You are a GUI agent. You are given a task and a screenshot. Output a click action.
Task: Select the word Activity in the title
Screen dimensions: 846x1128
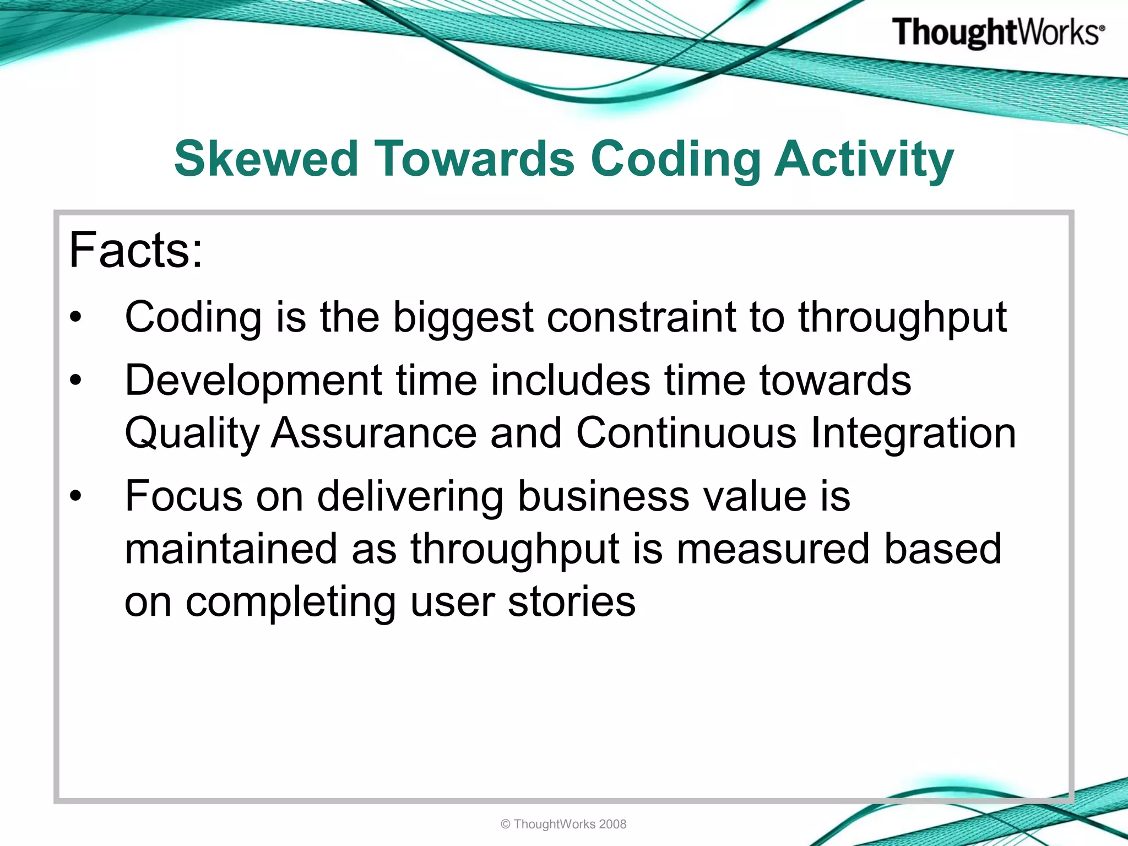click(864, 160)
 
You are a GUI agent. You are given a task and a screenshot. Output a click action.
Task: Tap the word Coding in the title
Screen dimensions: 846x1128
click(675, 160)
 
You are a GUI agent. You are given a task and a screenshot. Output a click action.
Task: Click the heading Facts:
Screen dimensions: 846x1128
click(135, 251)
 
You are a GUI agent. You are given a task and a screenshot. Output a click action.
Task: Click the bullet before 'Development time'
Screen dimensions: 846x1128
click(75, 380)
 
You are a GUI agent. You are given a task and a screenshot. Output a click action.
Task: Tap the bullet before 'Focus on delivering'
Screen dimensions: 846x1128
click(75, 496)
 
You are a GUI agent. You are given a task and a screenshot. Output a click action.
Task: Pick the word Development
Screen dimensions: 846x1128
click(253, 381)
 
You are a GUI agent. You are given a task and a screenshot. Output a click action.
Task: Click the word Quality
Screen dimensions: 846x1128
click(192, 434)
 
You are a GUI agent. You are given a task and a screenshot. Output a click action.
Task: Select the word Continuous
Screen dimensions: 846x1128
click(686, 433)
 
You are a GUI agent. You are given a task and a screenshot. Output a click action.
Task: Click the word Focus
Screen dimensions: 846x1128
click(183, 496)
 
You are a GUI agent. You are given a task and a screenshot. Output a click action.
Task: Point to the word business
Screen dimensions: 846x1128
click(603, 496)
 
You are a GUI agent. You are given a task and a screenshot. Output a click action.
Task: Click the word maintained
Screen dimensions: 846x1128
click(230, 549)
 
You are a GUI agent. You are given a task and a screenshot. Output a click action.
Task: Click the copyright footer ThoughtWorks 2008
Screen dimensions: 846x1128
click(563, 824)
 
